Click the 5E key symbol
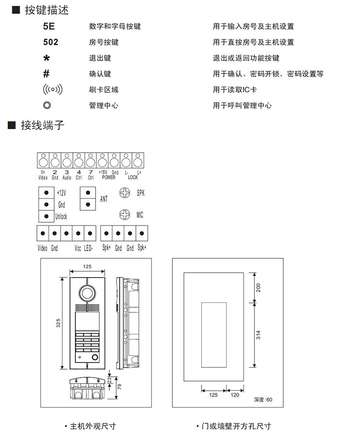49,26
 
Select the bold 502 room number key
50,42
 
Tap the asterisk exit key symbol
46,59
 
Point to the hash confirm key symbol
46,74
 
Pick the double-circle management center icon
47,105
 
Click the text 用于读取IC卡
235,90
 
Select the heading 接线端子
42,126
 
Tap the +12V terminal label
61,192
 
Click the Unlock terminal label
61,216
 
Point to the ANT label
104,198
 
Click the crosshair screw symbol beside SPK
125,193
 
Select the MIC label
140,215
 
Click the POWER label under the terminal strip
108,178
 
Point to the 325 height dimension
58,324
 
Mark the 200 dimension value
258,288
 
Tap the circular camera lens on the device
87,292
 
